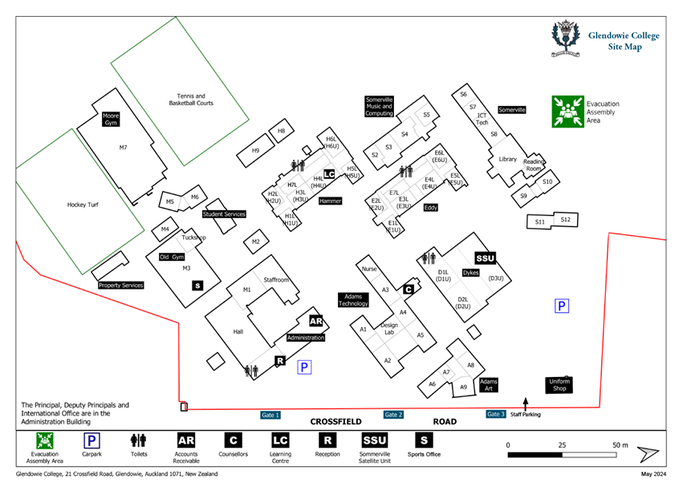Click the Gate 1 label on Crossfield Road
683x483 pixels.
(x=270, y=415)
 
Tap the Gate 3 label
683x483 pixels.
(x=496, y=414)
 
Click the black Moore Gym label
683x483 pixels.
(x=111, y=119)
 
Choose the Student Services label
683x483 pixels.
(x=224, y=214)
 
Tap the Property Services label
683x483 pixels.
(x=120, y=285)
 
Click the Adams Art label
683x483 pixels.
(x=489, y=384)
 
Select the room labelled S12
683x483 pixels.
(x=565, y=219)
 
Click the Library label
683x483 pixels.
(x=507, y=159)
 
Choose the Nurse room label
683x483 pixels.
(x=369, y=269)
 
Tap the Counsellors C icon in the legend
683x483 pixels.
(x=232, y=440)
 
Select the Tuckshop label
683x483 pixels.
(x=194, y=237)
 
